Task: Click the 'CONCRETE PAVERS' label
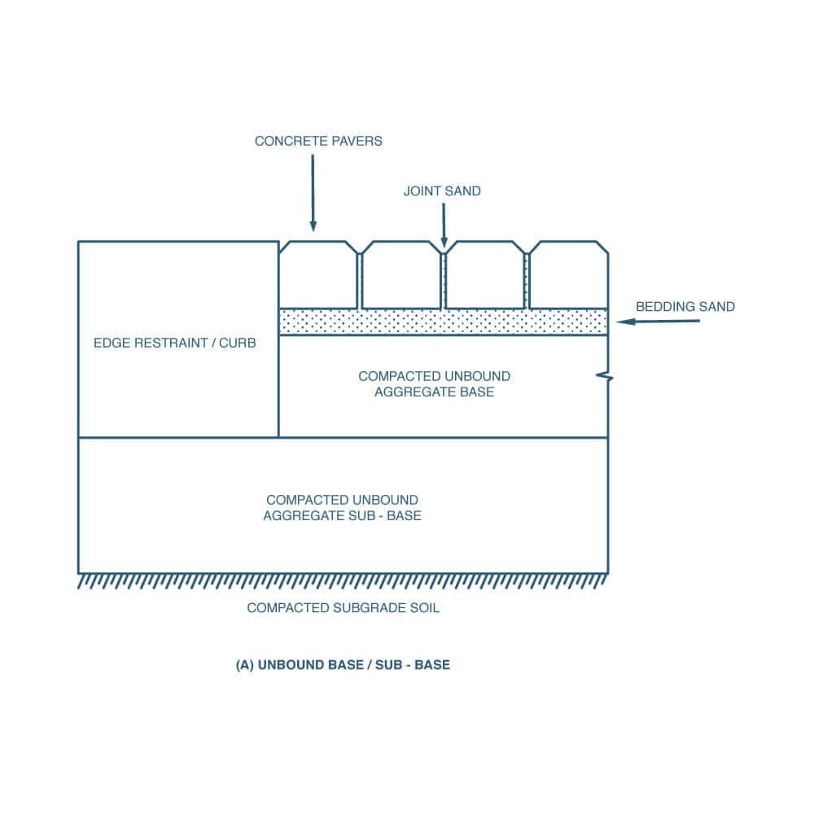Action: click(x=318, y=141)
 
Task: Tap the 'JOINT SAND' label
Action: click(x=442, y=191)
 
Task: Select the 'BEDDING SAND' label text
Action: click(x=685, y=307)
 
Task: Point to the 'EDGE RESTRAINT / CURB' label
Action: click(x=174, y=343)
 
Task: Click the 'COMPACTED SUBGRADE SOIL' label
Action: click(x=344, y=608)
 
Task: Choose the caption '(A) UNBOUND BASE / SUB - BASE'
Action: click(x=343, y=665)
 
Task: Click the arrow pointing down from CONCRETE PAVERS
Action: click(x=313, y=193)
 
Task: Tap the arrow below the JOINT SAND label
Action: click(x=444, y=225)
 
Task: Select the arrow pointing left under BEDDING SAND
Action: click(x=658, y=322)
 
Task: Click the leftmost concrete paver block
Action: click(x=318, y=274)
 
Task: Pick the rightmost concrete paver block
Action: click(x=568, y=274)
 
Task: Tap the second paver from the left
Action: click(x=401, y=274)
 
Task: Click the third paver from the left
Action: click(x=485, y=274)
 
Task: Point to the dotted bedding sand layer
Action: click(x=444, y=322)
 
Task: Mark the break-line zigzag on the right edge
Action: click(x=605, y=376)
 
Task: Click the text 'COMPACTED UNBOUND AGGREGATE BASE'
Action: click(x=434, y=383)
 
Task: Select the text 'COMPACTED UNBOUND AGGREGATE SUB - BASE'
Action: click(x=342, y=508)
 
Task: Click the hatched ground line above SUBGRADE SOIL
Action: click(x=343, y=581)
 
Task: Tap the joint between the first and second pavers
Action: click(x=360, y=281)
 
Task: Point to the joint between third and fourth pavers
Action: click(x=527, y=281)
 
